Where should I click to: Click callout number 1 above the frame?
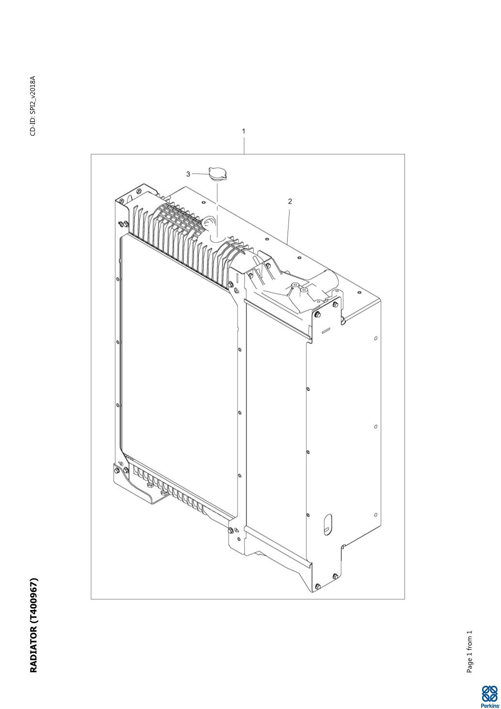tap(243, 131)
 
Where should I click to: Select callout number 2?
tap(290, 201)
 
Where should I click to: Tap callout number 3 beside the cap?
tap(188, 174)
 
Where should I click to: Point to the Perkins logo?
tap(489, 698)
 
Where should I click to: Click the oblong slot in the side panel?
tap(328, 525)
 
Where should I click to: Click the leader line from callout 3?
tap(200, 174)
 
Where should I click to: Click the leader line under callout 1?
tap(244, 145)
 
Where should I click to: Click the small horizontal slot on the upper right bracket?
tap(326, 331)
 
